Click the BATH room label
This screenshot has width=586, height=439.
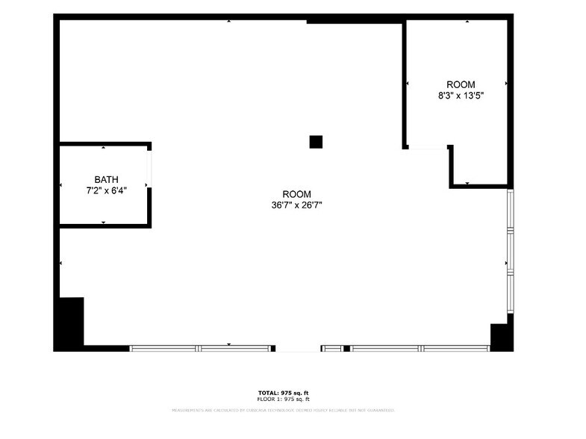coord(106,179)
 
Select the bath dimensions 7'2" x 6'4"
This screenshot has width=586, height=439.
coord(106,190)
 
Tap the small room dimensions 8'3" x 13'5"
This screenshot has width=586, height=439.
coord(461,96)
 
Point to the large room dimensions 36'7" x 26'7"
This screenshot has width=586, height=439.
coord(296,205)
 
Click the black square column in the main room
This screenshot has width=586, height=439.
coord(316,142)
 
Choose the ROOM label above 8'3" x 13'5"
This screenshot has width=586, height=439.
coord(461,84)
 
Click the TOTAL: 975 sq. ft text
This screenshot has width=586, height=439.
coord(283,393)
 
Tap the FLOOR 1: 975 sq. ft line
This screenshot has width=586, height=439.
coord(283,399)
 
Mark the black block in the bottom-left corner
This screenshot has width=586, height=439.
coord(71,323)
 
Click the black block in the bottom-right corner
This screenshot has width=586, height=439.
coord(501,336)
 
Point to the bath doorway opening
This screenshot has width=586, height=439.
coord(149,169)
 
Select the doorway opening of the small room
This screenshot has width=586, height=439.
coord(428,147)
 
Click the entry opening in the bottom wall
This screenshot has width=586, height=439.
coord(298,349)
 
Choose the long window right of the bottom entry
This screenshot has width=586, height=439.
coord(419,348)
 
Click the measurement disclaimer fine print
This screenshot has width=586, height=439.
coord(283,410)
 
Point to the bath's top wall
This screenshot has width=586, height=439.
coord(105,144)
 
